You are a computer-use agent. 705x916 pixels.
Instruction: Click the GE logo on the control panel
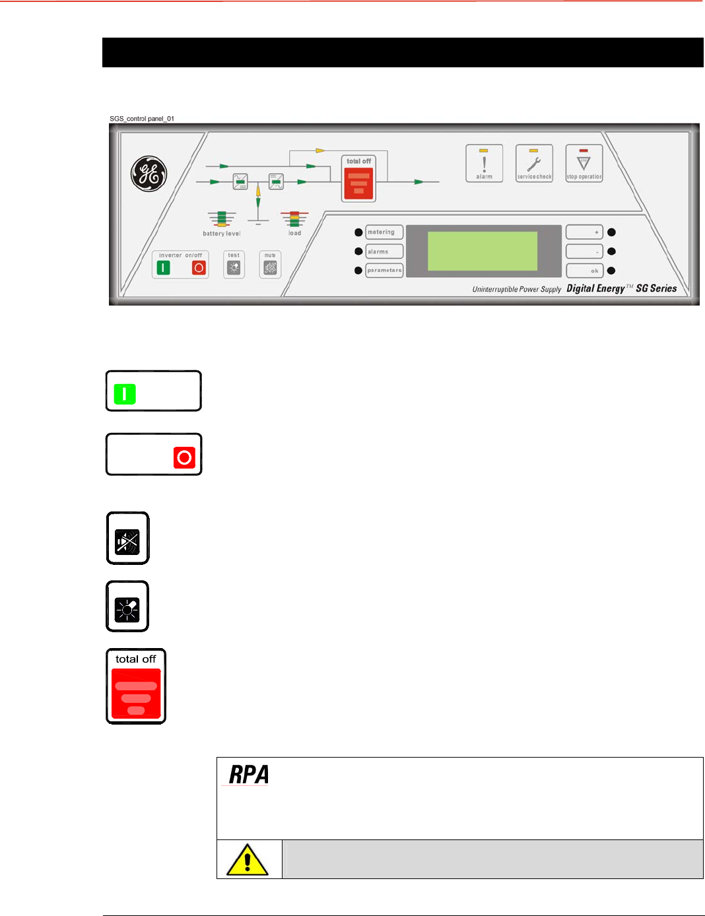(x=149, y=174)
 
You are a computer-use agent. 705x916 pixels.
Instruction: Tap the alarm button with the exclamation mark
(x=485, y=163)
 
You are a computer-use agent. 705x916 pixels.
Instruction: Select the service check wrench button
(x=534, y=163)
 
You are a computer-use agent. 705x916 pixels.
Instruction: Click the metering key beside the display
(x=384, y=232)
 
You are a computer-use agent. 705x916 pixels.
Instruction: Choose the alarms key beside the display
(x=384, y=251)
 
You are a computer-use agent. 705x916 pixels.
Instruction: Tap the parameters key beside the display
(x=384, y=271)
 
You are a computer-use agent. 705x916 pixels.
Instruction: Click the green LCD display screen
(x=483, y=251)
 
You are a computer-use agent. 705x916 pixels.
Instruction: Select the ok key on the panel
(x=584, y=271)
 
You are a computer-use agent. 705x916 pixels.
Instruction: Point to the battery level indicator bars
(x=222, y=219)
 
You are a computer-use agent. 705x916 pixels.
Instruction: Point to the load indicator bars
(x=294, y=219)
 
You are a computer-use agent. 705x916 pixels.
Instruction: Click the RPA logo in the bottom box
(x=249, y=775)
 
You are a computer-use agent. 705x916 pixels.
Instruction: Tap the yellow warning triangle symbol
(x=248, y=860)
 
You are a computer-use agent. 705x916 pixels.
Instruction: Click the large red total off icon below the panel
(x=136, y=693)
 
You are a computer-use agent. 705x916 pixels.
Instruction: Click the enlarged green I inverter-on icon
(x=125, y=394)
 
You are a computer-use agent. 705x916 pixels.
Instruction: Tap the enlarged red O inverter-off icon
(x=184, y=457)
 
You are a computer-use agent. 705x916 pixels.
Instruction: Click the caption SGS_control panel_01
(x=142, y=119)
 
